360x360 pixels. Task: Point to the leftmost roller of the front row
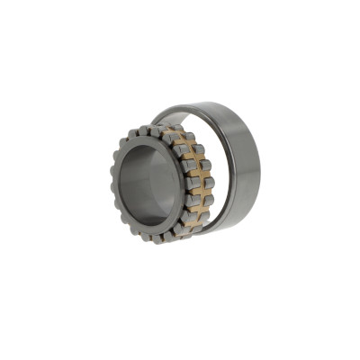pos(111,184)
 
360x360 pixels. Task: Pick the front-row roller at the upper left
pos(120,148)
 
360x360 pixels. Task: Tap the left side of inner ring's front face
pos(119,184)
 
